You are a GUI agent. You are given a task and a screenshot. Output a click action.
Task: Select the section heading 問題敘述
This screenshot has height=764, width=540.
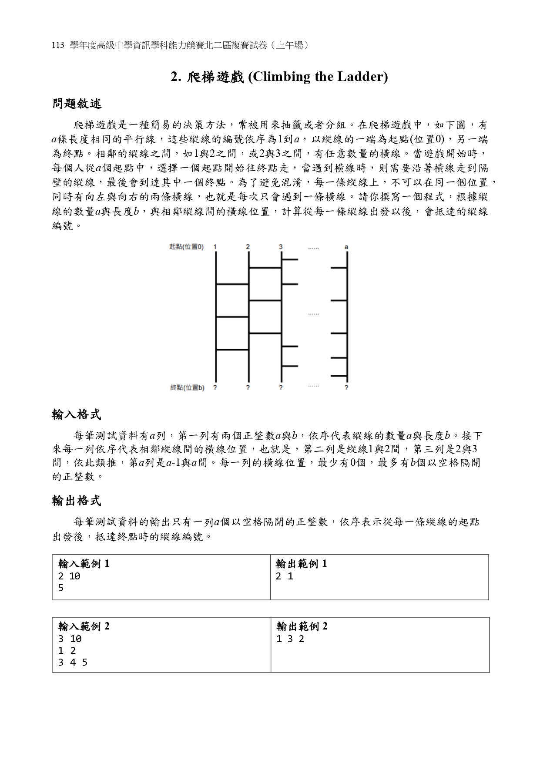point(77,104)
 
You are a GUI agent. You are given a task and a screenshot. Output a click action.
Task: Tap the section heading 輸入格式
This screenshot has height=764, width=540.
point(77,414)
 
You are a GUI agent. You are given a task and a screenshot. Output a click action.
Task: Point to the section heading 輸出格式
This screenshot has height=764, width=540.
point(77,501)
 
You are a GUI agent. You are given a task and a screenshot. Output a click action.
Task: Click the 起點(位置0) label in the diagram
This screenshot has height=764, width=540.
point(186,247)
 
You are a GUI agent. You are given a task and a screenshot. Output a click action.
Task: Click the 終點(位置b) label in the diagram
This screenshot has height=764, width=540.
point(187,387)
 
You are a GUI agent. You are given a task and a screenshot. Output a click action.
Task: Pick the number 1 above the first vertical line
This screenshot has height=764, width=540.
point(215,247)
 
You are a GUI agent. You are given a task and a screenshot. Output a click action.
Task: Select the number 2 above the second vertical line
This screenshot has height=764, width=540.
point(248,247)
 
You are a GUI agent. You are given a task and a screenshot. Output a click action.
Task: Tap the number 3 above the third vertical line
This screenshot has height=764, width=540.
point(281,247)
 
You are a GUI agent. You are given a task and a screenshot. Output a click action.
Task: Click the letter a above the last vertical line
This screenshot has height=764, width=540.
point(346,247)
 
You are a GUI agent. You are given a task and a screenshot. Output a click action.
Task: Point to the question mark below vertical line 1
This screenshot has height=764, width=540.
point(215,387)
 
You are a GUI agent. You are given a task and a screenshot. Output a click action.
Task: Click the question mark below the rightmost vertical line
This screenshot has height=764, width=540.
point(346,387)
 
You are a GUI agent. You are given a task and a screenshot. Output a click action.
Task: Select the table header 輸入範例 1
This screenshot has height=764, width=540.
point(84,564)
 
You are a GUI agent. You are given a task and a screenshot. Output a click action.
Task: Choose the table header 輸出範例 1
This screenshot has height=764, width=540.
point(302,564)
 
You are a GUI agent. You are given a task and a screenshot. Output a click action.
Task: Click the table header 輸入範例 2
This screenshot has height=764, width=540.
point(84,626)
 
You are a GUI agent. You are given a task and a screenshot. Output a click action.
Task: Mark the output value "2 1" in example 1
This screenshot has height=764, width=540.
point(285,576)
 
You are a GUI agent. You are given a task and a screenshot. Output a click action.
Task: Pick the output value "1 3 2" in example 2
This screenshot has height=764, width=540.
point(290,639)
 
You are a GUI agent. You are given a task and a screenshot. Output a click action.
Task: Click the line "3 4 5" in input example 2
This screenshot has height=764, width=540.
point(73,663)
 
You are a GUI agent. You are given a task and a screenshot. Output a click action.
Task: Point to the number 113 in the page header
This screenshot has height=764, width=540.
point(58,45)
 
